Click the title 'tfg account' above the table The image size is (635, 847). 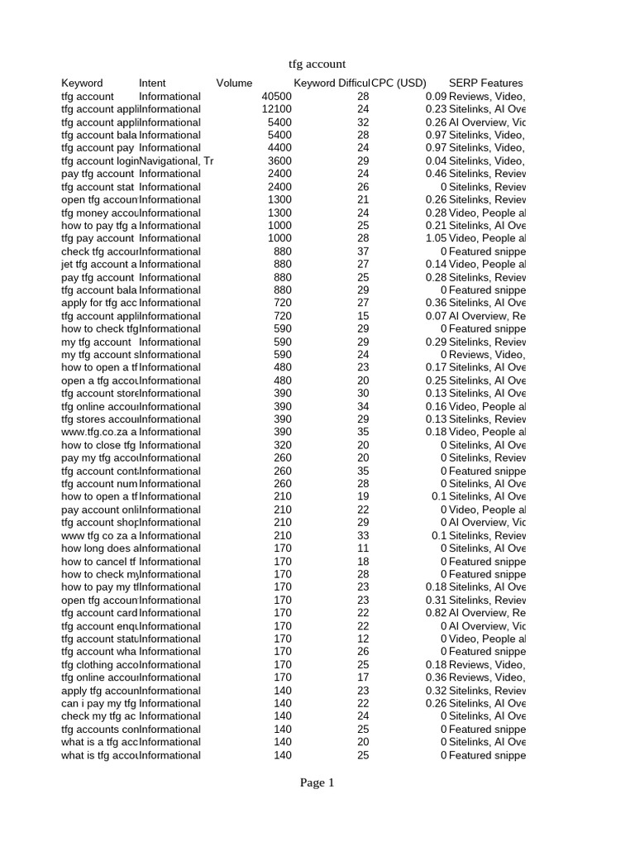[x=317, y=64]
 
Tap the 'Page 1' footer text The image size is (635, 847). [x=317, y=782]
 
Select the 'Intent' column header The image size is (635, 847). [x=152, y=83]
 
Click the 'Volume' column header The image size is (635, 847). [x=234, y=83]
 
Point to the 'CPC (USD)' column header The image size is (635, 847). [x=399, y=83]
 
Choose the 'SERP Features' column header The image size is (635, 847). [x=485, y=83]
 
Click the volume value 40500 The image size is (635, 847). [x=276, y=97]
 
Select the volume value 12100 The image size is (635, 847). [x=276, y=109]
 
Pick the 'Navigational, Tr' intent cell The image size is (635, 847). [x=176, y=161]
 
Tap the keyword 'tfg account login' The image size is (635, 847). [x=99, y=161]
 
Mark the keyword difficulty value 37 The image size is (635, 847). [x=363, y=251]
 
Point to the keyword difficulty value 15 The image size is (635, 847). [x=363, y=316]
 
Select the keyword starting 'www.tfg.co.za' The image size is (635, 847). [x=99, y=432]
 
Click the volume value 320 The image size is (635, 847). [x=282, y=445]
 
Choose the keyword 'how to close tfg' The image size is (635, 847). [x=99, y=445]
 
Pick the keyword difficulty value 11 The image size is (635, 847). [x=363, y=548]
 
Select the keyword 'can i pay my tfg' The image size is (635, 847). [x=99, y=703]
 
